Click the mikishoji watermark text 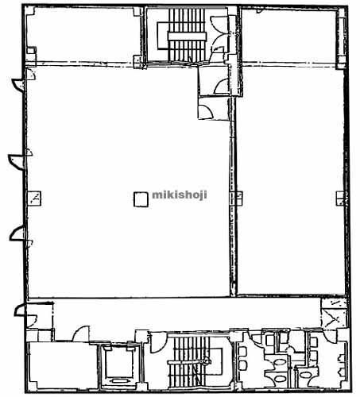tap(180, 195)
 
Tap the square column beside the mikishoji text tap(141, 199)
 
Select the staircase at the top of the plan tap(187, 35)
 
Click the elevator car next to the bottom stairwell tap(119, 365)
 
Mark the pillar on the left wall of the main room tap(34, 198)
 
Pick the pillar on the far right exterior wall tap(341, 198)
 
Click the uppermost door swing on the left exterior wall tap(18, 85)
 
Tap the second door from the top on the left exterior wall tap(16, 162)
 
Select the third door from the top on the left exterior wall tap(17, 233)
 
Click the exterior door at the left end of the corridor tap(20, 310)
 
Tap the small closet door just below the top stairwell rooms tap(206, 112)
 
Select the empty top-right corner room tap(288, 36)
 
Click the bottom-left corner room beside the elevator tap(63, 365)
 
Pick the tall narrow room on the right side tap(291, 180)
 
